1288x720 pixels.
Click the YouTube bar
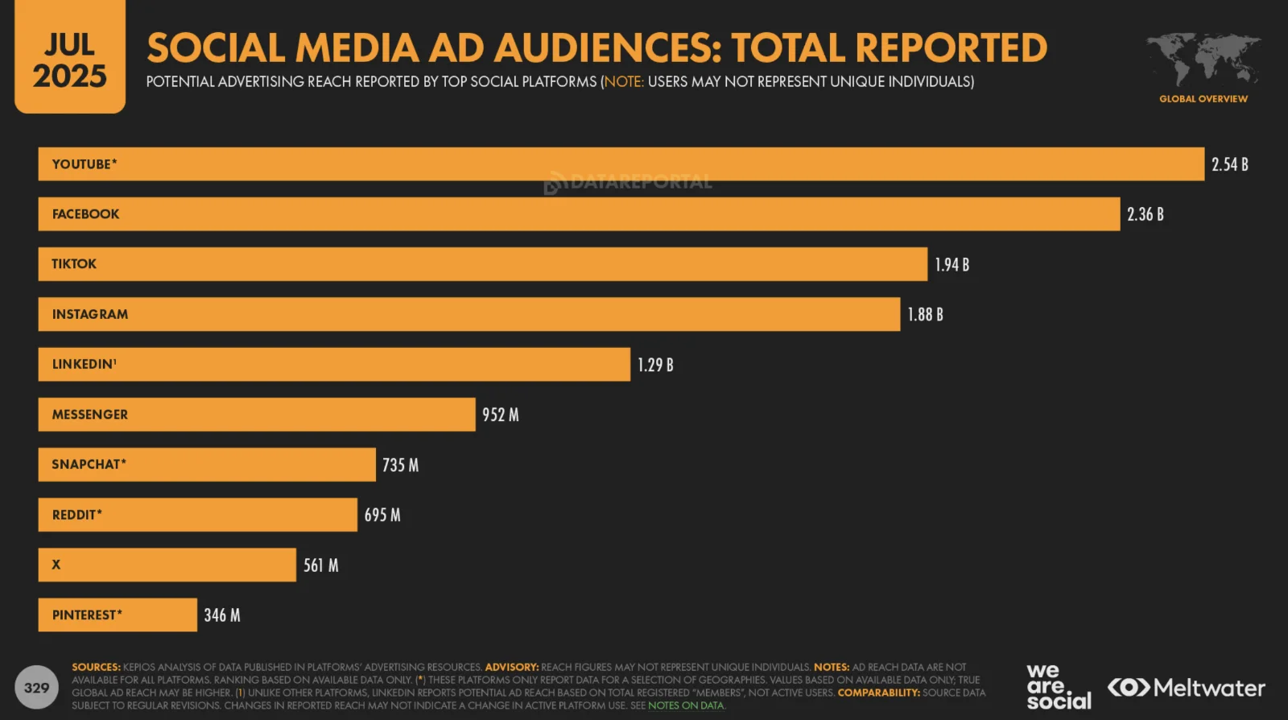[621, 164]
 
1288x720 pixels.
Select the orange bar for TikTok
[483, 264]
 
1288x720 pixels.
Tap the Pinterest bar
[118, 615]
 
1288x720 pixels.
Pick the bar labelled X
[167, 565]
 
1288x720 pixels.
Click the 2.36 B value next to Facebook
[1145, 214]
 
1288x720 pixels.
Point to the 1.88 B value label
[925, 315]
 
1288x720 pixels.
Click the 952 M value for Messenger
[500, 415]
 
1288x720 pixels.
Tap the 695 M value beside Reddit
[382, 515]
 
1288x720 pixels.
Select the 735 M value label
[400, 466]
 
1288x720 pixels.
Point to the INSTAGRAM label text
[90, 314]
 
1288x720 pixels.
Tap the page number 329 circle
[36, 688]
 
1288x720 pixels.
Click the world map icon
[1203, 59]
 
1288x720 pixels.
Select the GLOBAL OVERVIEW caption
[1203, 99]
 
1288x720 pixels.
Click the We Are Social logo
[1058, 687]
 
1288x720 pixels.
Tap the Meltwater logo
[1187, 688]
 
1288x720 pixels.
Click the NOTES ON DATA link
[686, 706]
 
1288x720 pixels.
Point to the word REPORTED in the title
[951, 48]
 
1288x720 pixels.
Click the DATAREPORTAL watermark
[628, 182]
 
